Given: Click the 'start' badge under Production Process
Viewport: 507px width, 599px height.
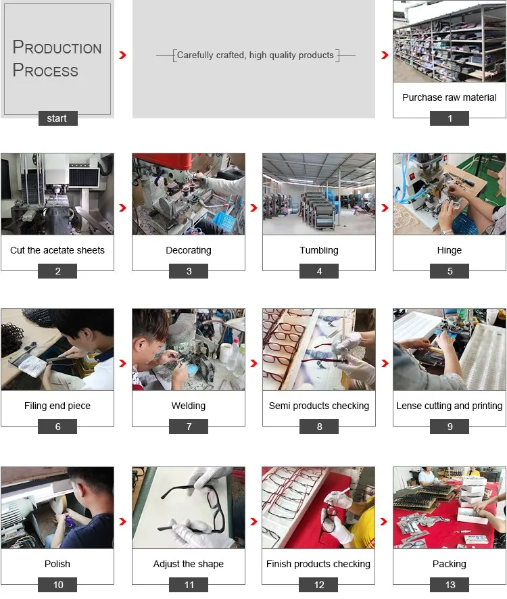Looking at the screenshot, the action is tap(57, 118).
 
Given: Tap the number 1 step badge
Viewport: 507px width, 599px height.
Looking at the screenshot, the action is tap(450, 118).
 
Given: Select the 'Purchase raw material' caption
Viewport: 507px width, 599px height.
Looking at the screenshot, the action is tap(450, 97).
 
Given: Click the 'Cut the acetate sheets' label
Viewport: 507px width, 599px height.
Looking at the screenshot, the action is tap(57, 250).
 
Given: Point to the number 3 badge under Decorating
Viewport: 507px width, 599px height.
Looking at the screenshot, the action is tap(189, 271).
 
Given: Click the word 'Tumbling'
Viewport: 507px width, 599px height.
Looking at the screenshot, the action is tap(319, 251).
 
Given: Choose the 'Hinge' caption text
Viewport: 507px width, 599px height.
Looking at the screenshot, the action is tap(450, 251).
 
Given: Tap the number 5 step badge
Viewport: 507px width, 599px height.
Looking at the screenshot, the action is tap(450, 271).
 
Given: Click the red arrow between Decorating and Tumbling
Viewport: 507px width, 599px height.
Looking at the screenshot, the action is tap(254, 208).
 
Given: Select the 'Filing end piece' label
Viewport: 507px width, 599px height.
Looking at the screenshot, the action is tap(57, 406).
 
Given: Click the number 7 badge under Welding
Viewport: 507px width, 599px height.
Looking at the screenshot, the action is tap(189, 427).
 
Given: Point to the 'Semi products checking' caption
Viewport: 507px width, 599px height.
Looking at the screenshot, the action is tap(319, 406).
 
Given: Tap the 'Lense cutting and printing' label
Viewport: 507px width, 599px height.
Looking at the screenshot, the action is tap(450, 406).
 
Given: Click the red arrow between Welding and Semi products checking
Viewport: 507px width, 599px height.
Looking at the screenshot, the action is tap(254, 363).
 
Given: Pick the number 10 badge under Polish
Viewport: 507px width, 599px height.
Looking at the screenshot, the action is tap(57, 585).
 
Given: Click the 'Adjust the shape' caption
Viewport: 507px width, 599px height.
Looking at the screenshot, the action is tap(189, 565).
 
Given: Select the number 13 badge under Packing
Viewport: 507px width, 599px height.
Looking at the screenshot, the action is tap(450, 585).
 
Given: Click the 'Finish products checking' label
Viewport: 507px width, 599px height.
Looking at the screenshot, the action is tap(318, 565).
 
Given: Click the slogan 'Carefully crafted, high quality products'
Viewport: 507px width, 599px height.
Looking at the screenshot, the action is tap(256, 55).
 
